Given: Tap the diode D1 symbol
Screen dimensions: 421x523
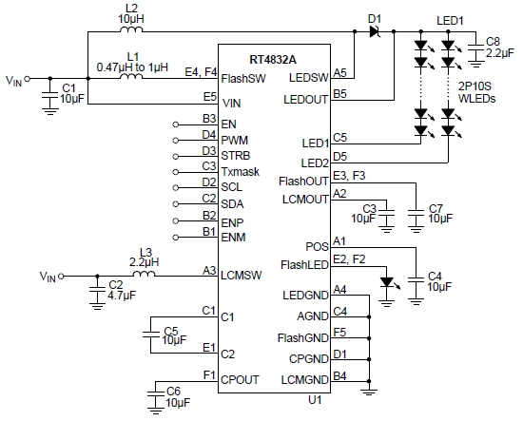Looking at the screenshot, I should pos(374,31).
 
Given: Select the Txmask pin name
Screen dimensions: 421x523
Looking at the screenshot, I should pos(240,172).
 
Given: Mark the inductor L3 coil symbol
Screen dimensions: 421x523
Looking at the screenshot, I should pos(143,276).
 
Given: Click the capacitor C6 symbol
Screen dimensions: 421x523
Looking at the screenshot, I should pos(154,388).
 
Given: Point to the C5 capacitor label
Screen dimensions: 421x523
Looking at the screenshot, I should pos(171,330).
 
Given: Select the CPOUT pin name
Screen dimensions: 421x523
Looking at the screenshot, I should pos(241,379).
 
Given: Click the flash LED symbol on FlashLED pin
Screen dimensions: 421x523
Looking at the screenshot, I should pos(384,282).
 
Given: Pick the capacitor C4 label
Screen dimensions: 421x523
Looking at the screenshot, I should pos(435,276).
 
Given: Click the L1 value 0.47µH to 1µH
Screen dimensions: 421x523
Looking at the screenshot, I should pos(132,67).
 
